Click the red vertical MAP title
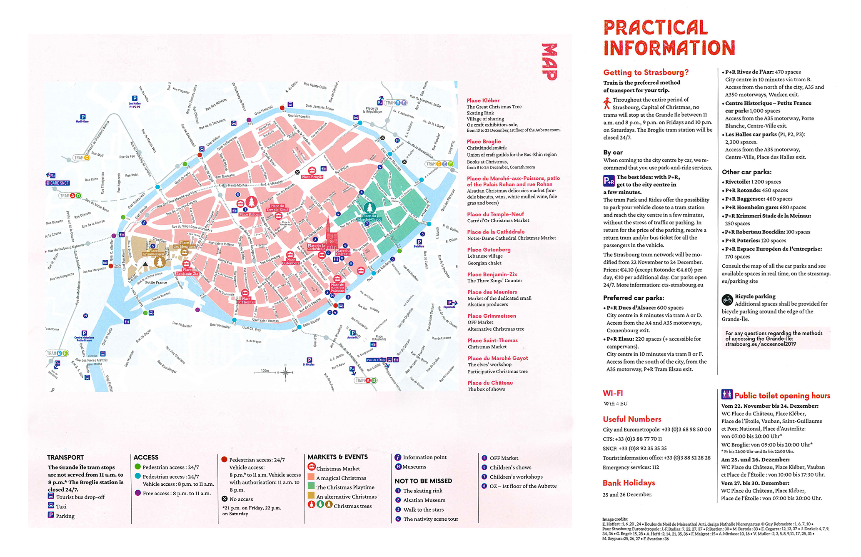(x=549, y=62)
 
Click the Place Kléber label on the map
(x=250, y=215)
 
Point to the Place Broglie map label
(x=312, y=177)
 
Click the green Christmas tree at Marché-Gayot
(x=369, y=207)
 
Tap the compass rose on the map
(x=285, y=372)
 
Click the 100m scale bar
(x=265, y=372)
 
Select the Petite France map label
(x=156, y=283)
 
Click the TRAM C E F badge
(x=439, y=164)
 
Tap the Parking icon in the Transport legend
(x=51, y=515)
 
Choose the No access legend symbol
(x=225, y=499)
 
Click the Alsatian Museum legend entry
(x=424, y=500)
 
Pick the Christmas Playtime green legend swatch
(x=311, y=486)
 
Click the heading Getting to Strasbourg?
(x=646, y=73)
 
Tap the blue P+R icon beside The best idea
(x=609, y=181)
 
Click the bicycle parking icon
(x=727, y=299)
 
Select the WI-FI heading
(x=613, y=393)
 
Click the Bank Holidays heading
(x=629, y=483)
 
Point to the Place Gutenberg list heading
(x=489, y=250)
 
